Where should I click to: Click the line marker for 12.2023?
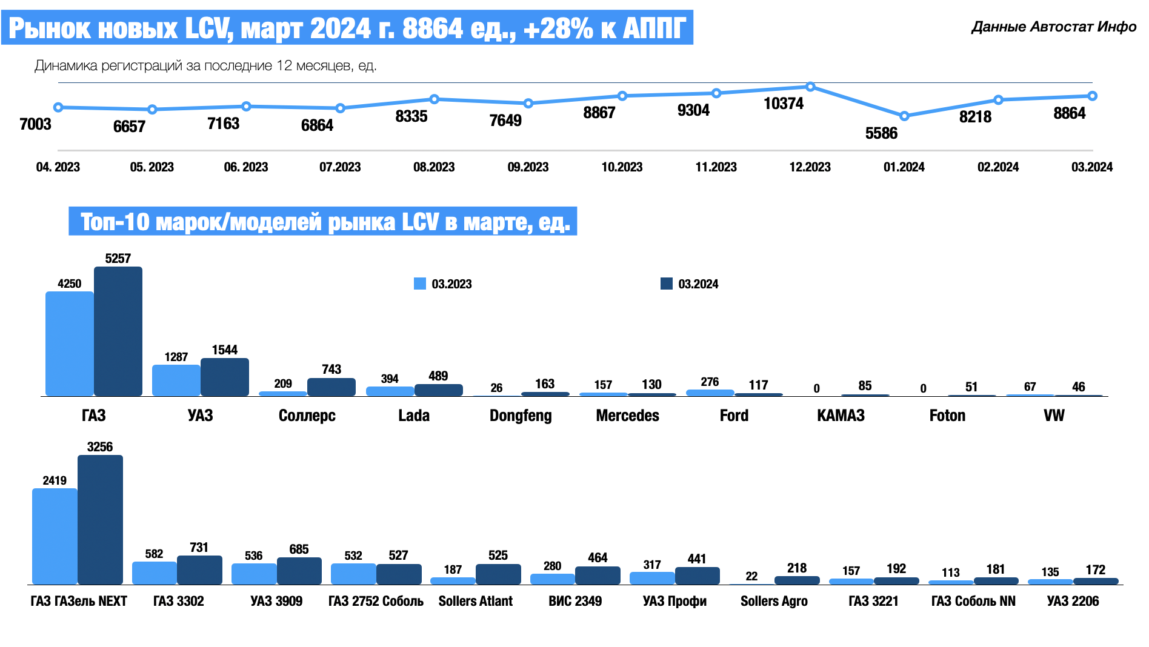tap(810, 87)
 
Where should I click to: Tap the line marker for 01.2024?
tap(904, 116)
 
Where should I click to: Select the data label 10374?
tap(783, 104)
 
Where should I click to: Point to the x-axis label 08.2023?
tap(434, 167)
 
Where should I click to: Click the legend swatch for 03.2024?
tap(667, 284)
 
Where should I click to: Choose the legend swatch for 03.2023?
tap(420, 284)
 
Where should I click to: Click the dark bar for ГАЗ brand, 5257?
tap(118, 331)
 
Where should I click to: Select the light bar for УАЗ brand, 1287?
tap(176, 380)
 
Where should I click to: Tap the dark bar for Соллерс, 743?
tap(331, 387)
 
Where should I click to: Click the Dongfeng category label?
tap(521, 416)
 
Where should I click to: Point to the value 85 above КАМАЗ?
tap(865, 386)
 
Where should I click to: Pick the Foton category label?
tap(947, 416)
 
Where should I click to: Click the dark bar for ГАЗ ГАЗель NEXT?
tap(100, 520)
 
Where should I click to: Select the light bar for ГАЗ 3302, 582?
tap(154, 573)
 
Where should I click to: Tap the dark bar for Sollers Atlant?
tap(498, 574)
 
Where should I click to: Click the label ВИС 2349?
tap(575, 601)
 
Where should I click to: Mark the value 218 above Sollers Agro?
tap(797, 568)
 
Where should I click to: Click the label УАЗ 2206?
tap(1073, 601)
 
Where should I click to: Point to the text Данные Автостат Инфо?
tap(1054, 27)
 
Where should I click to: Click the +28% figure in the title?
tap(558, 28)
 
